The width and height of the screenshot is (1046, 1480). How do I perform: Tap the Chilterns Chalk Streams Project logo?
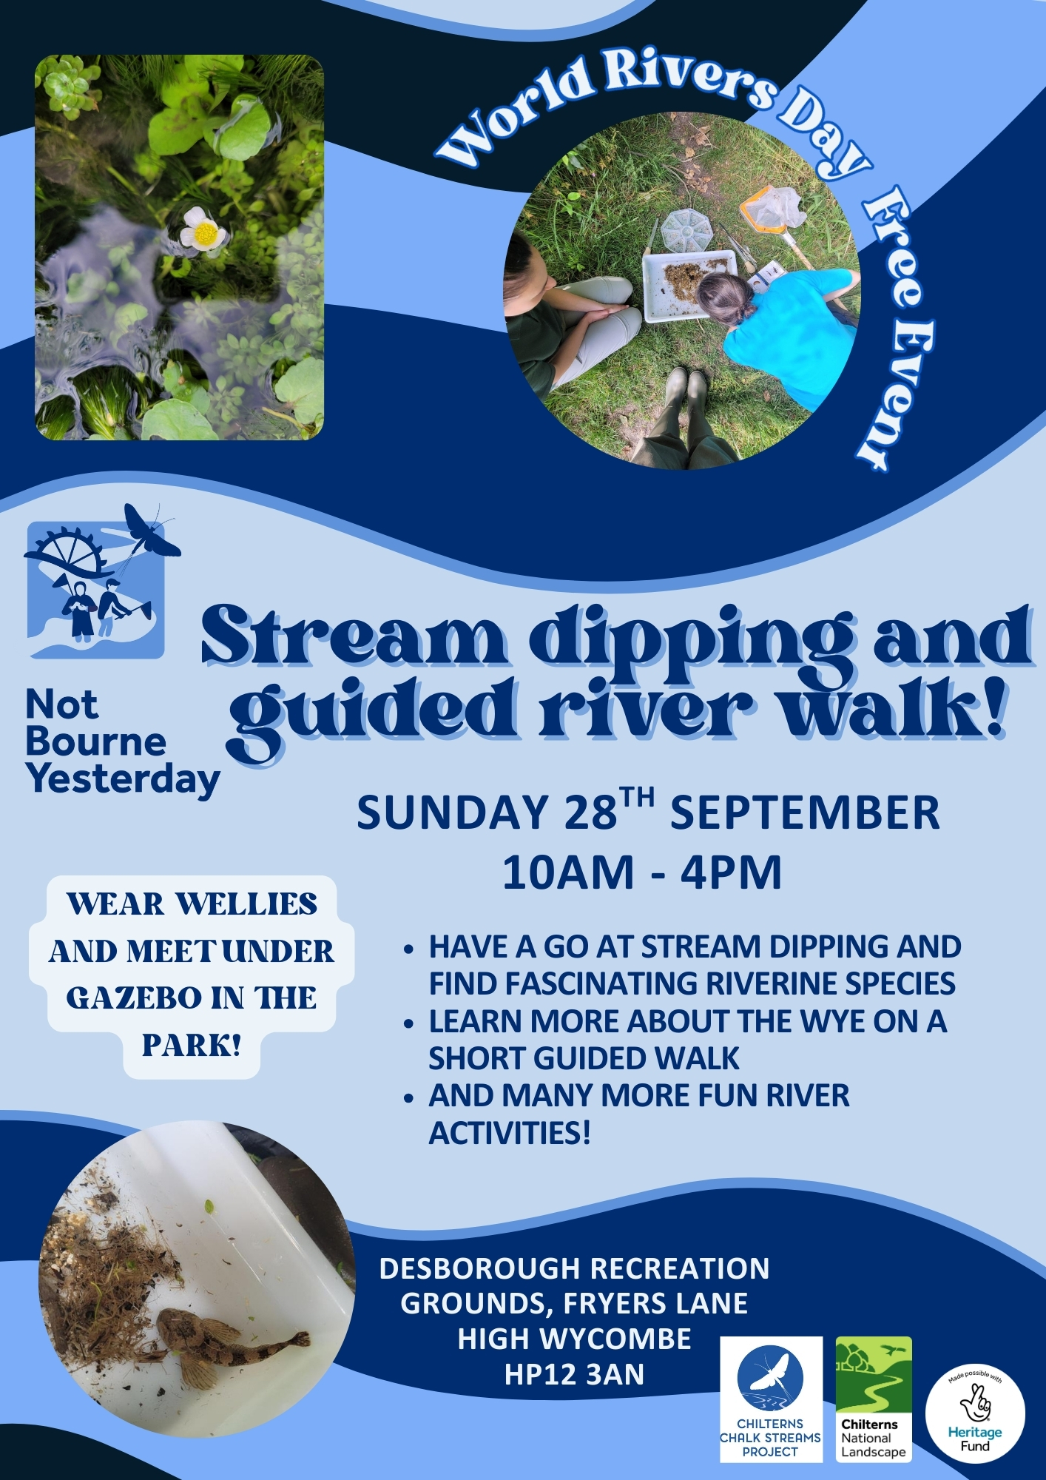(771, 1399)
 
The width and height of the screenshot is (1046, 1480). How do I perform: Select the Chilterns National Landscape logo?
(874, 1399)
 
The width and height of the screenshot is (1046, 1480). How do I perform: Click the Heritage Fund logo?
(975, 1413)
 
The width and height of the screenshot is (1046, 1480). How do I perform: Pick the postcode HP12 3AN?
(574, 1374)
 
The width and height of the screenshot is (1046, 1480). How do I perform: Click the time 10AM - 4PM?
(642, 872)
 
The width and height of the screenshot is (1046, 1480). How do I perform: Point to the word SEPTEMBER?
(805, 813)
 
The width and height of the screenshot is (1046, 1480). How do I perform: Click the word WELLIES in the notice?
(247, 904)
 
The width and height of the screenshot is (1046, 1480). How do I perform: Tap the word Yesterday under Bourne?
(123, 779)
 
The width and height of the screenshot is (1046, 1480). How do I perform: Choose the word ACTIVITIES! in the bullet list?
(510, 1132)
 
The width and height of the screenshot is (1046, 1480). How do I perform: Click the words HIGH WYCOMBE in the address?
(574, 1339)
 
